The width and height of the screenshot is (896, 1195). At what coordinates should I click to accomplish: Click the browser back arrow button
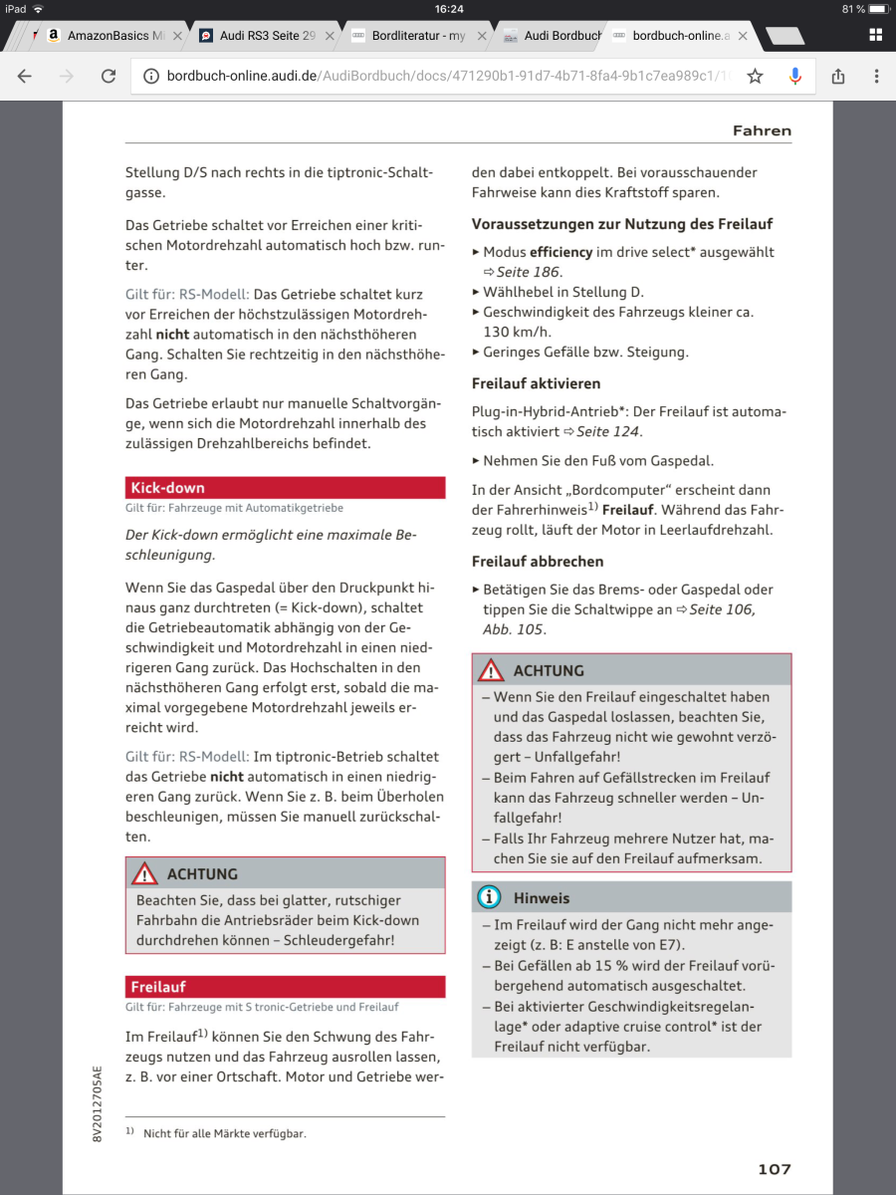point(25,76)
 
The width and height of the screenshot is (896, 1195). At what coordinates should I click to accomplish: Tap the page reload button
point(109,76)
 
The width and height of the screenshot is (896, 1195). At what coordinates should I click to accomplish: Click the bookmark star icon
point(756,76)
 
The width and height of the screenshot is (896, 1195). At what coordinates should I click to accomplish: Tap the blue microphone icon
point(794,76)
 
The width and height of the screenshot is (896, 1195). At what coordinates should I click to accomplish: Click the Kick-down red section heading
point(167,488)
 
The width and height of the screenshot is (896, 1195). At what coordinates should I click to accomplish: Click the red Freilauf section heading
point(158,987)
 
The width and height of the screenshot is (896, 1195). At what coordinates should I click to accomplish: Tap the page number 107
point(774,1169)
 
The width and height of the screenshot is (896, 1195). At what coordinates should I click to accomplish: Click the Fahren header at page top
point(762,130)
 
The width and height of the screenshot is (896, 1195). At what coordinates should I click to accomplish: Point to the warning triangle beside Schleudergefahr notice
point(145,873)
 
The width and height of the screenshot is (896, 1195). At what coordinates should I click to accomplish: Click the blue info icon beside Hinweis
point(490,897)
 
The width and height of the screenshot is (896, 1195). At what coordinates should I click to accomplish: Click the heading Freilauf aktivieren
point(536,383)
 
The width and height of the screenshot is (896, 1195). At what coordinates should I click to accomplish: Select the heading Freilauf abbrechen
point(538,562)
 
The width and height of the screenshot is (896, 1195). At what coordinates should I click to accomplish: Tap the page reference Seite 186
point(529,272)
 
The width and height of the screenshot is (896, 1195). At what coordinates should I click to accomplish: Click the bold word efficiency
point(560,253)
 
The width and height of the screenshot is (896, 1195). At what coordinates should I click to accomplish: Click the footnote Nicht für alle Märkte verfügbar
point(224,1133)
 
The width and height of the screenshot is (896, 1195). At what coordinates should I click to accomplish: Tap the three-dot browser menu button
point(876,76)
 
